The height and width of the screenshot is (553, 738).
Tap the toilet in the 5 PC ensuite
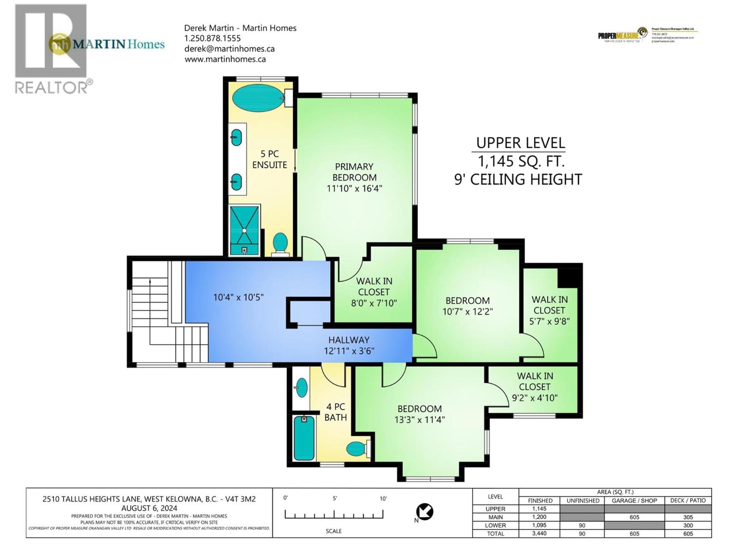coord(280,243)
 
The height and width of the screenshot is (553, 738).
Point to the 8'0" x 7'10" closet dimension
coord(374,303)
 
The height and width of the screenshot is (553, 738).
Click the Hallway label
coord(349,340)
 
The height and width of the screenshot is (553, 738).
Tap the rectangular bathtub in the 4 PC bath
coord(304,438)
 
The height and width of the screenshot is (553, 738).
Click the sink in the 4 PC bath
coord(301,387)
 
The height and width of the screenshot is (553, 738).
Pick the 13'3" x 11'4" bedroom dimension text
coord(420,420)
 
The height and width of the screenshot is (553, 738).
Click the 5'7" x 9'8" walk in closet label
coord(549,310)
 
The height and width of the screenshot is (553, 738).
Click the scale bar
coord(334,514)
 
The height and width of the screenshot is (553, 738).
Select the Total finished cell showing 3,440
coord(539,534)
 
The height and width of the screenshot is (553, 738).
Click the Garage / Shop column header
coord(634,500)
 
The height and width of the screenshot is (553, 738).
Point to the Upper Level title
coord(520,143)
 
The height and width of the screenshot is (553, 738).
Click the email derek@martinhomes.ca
coord(229,49)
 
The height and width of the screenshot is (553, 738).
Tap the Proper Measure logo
coord(623,35)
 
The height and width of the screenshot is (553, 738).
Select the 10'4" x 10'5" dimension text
coord(238,297)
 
